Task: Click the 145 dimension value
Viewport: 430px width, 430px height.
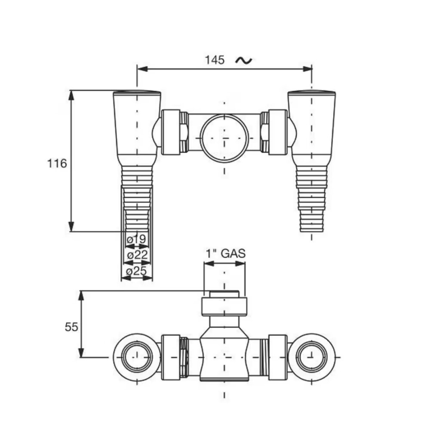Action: click(x=215, y=60)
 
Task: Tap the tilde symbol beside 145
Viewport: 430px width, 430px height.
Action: click(x=244, y=60)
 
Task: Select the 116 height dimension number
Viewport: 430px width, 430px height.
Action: click(x=57, y=163)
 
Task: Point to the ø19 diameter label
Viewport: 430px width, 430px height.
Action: click(x=137, y=239)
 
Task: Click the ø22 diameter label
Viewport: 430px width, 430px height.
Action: click(x=137, y=255)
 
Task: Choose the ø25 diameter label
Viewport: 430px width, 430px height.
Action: click(x=137, y=271)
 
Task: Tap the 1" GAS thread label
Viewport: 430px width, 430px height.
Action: click(x=225, y=253)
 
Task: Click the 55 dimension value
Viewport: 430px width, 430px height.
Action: click(x=71, y=327)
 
